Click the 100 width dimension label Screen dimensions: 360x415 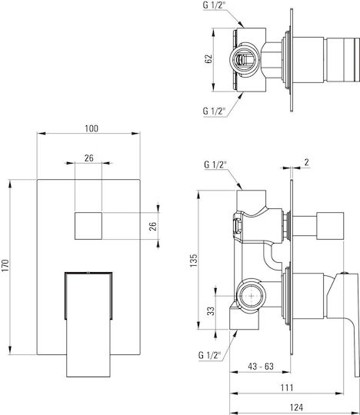point(92,128)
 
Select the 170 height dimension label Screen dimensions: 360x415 point(5,266)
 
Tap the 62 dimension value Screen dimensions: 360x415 point(208,58)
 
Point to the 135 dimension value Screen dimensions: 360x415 point(194,261)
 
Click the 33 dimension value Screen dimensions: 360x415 point(211,311)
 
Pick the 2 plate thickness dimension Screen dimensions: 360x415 point(306,162)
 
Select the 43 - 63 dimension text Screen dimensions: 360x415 point(261,367)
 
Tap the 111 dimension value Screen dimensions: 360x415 point(287,387)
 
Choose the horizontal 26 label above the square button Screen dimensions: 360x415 point(89,158)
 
